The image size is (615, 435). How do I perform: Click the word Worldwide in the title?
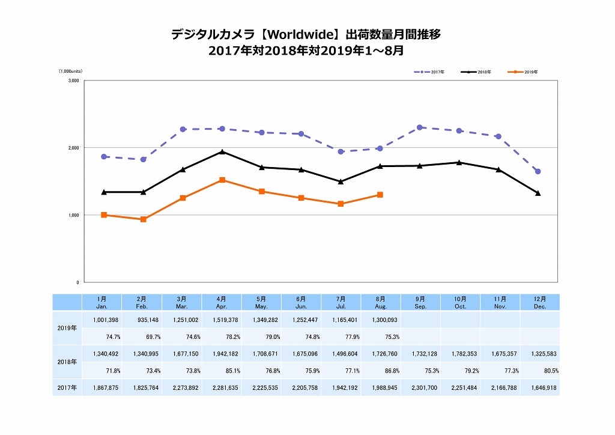pos(296,34)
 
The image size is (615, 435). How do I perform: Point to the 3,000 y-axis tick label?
pos(73,81)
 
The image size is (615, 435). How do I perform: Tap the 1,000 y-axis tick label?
pos(73,215)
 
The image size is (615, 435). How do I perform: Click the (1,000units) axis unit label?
pos(70,71)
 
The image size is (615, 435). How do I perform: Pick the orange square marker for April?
pos(222,180)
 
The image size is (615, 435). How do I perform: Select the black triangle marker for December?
pos(538,193)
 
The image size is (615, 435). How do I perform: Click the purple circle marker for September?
pos(420,127)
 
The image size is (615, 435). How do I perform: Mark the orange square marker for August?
pos(380,195)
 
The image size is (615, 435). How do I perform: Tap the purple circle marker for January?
pos(104,156)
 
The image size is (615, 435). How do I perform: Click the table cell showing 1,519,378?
pos(222,320)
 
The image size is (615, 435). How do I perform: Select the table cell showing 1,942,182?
pos(222,354)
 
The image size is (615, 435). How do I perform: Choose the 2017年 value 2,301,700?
pos(420,388)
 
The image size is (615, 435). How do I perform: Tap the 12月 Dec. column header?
pos(539,302)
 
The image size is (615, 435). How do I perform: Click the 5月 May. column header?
pos(261,302)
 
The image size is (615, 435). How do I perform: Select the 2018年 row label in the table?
pos(67,362)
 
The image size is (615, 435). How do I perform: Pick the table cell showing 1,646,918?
pos(539,388)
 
